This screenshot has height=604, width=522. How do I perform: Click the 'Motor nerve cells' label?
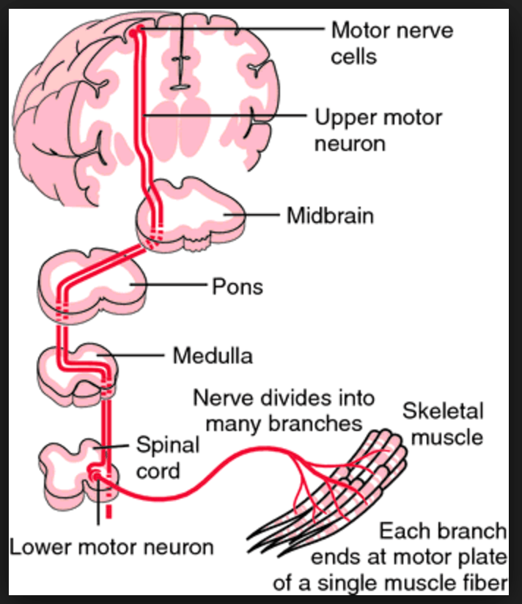tap(391, 43)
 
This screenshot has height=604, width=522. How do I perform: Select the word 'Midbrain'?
tap(330, 216)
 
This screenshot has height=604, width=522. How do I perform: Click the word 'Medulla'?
tap(213, 356)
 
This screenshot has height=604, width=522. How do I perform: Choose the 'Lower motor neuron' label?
tap(111, 547)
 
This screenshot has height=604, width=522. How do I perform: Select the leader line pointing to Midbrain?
tap(253, 216)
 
